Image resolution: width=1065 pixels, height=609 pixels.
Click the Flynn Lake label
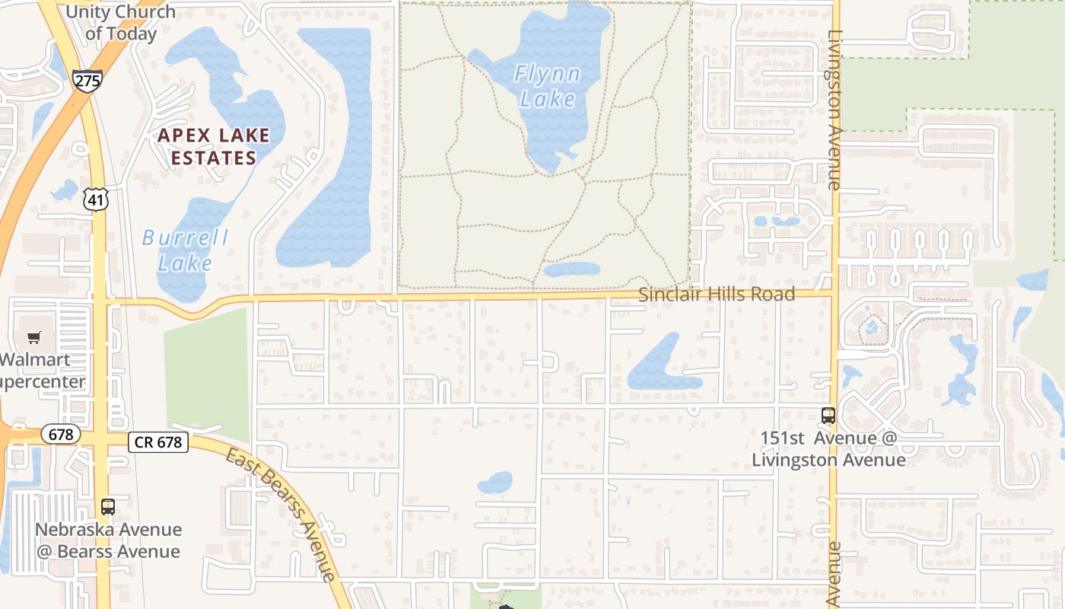click(547, 86)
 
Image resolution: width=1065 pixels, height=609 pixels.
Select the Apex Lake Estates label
click(213, 147)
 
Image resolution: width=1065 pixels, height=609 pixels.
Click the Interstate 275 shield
click(88, 80)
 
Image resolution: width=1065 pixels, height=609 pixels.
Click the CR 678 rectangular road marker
click(158, 442)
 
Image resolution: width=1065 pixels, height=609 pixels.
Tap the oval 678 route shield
click(60, 434)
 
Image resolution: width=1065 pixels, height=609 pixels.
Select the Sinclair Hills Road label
click(716, 294)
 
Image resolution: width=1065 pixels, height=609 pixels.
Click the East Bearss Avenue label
click(281, 514)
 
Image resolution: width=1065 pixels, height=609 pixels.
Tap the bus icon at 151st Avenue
click(828, 416)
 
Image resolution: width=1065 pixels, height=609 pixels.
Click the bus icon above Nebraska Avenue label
click(108, 507)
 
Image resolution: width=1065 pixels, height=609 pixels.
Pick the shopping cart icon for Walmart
click(33, 337)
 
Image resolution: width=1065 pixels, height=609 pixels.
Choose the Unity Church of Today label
click(121, 23)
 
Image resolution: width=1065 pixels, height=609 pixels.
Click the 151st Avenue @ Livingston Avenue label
click(828, 449)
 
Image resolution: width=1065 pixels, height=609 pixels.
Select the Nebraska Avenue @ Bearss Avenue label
click(109, 540)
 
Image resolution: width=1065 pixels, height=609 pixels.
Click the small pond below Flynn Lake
click(572, 269)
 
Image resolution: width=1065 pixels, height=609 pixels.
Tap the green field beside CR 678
click(206, 373)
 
